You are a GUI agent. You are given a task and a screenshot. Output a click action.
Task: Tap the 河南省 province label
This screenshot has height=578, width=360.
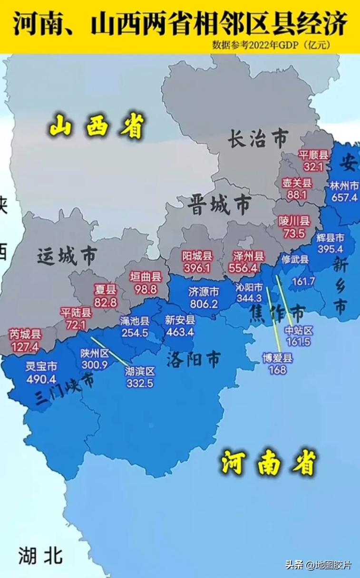pos(269,462)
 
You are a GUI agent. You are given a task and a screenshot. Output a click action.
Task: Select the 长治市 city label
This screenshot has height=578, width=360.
pos(257,139)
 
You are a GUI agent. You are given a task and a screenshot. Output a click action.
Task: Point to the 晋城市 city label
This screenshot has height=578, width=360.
pos(219,205)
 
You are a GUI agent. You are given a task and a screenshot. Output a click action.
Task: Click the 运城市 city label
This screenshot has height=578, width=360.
pos(67,256)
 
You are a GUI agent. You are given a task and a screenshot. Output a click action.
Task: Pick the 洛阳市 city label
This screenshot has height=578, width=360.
pos(194,360)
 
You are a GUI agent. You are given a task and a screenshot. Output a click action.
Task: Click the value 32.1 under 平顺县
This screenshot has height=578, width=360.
pos(313,167)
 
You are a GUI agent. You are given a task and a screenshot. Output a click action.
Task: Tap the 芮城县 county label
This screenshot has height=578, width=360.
pos(25,334)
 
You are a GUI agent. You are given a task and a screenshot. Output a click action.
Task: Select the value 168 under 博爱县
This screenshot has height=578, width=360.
pos(277,369)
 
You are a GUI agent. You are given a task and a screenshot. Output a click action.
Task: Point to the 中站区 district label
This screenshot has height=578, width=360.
pos(299,330)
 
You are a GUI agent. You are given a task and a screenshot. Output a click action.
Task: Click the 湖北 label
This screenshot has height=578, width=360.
pos(40,555)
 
